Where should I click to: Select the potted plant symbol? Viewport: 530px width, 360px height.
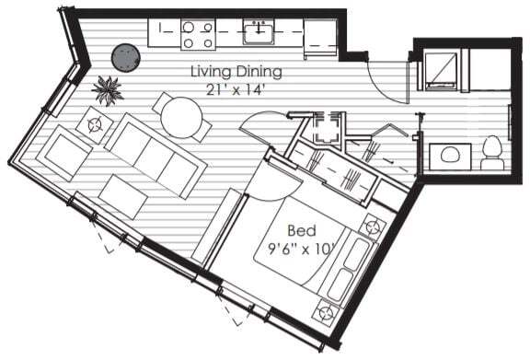[x=109, y=90]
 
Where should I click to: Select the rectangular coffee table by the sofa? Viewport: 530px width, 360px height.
[x=123, y=196]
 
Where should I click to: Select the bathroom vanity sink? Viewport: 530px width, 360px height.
[x=450, y=155]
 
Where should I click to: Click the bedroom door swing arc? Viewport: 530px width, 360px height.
[x=267, y=181]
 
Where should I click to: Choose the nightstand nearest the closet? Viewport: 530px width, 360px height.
[x=372, y=226]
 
